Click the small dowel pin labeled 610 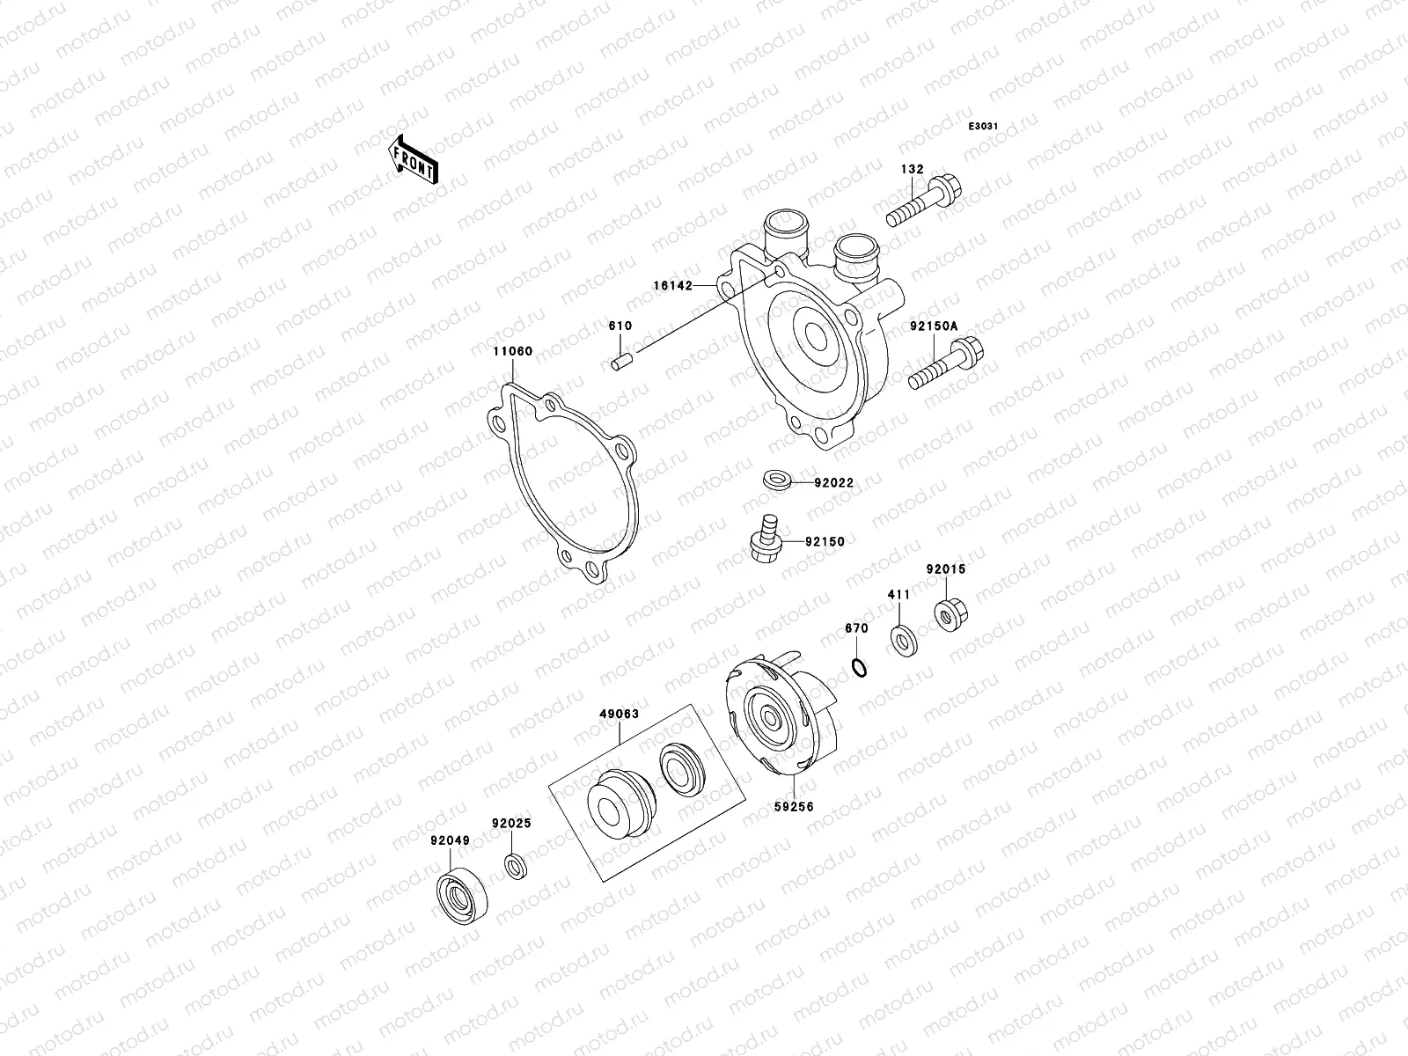coord(620,362)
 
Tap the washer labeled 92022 coord(777,480)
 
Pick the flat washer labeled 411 coord(902,639)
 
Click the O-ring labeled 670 coord(860,669)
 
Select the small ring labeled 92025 coord(517,866)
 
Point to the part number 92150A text coord(933,326)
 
